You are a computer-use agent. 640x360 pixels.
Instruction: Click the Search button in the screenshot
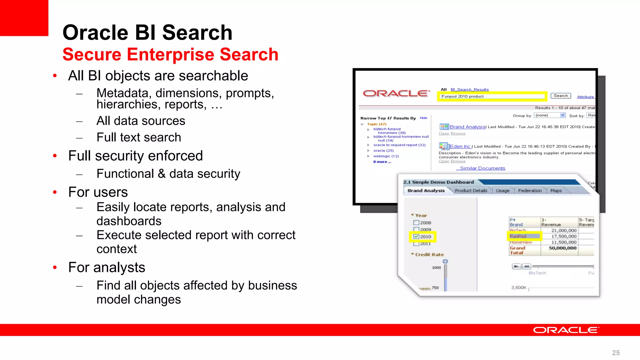point(561,96)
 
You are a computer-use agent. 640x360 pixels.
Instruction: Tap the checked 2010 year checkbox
point(416,237)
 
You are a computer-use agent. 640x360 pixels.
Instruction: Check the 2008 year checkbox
point(416,223)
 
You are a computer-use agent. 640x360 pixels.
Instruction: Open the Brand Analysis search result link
point(467,127)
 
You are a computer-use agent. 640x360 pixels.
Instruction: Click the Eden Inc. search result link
point(460,146)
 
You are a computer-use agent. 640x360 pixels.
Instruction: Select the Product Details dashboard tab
point(471,191)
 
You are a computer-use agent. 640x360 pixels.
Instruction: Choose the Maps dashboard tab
point(556,191)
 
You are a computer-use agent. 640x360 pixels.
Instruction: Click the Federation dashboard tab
point(530,191)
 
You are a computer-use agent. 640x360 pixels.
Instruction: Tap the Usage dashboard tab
point(502,191)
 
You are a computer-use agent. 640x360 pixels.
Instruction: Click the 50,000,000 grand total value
point(562,248)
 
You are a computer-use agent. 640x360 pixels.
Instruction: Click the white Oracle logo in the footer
point(566,330)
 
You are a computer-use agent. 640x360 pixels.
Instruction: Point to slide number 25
point(616,353)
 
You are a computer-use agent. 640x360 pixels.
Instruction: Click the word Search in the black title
point(197,33)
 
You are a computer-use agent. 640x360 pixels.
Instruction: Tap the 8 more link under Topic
point(382,162)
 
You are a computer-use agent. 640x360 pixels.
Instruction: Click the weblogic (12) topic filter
point(386,156)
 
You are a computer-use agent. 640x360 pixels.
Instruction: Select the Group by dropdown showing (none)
point(550,116)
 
